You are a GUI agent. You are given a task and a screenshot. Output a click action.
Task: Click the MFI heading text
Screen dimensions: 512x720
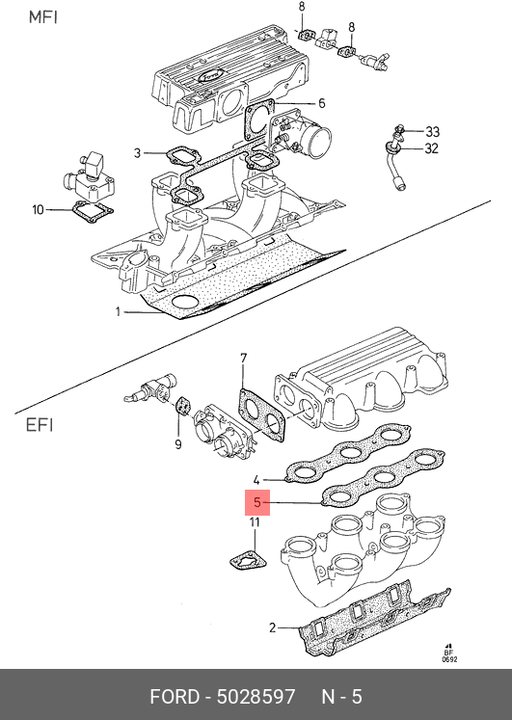[x=43, y=17]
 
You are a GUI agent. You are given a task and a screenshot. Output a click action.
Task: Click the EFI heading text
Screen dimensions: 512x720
[x=40, y=425]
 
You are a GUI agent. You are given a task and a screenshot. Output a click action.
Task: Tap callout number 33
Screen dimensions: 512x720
[x=432, y=132]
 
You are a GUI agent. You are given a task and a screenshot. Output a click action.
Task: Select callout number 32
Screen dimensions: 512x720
[x=431, y=148]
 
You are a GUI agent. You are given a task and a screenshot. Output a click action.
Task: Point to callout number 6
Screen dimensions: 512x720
[x=321, y=103]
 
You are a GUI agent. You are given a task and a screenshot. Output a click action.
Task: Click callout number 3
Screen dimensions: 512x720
[x=137, y=153]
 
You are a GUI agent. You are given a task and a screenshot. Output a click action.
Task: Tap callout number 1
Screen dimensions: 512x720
[x=118, y=312]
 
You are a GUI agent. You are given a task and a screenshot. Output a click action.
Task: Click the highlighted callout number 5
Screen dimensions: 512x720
[x=257, y=503]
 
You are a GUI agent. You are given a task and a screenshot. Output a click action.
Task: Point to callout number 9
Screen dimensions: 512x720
[x=178, y=444]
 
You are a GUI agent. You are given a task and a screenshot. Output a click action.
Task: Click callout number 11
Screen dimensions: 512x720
[x=255, y=522]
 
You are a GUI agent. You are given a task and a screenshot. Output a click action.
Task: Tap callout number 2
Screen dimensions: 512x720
[x=272, y=627]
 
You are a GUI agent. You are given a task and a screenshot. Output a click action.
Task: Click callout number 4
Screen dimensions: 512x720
[x=256, y=480]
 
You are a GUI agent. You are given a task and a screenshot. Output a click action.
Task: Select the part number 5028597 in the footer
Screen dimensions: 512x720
[x=256, y=697]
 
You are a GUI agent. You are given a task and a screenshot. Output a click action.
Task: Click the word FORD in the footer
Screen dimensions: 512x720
[x=175, y=697]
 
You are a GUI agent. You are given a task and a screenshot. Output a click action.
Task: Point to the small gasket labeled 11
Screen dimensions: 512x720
[x=249, y=561]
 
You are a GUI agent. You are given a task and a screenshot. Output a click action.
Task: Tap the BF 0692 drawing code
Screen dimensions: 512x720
[x=449, y=655]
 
